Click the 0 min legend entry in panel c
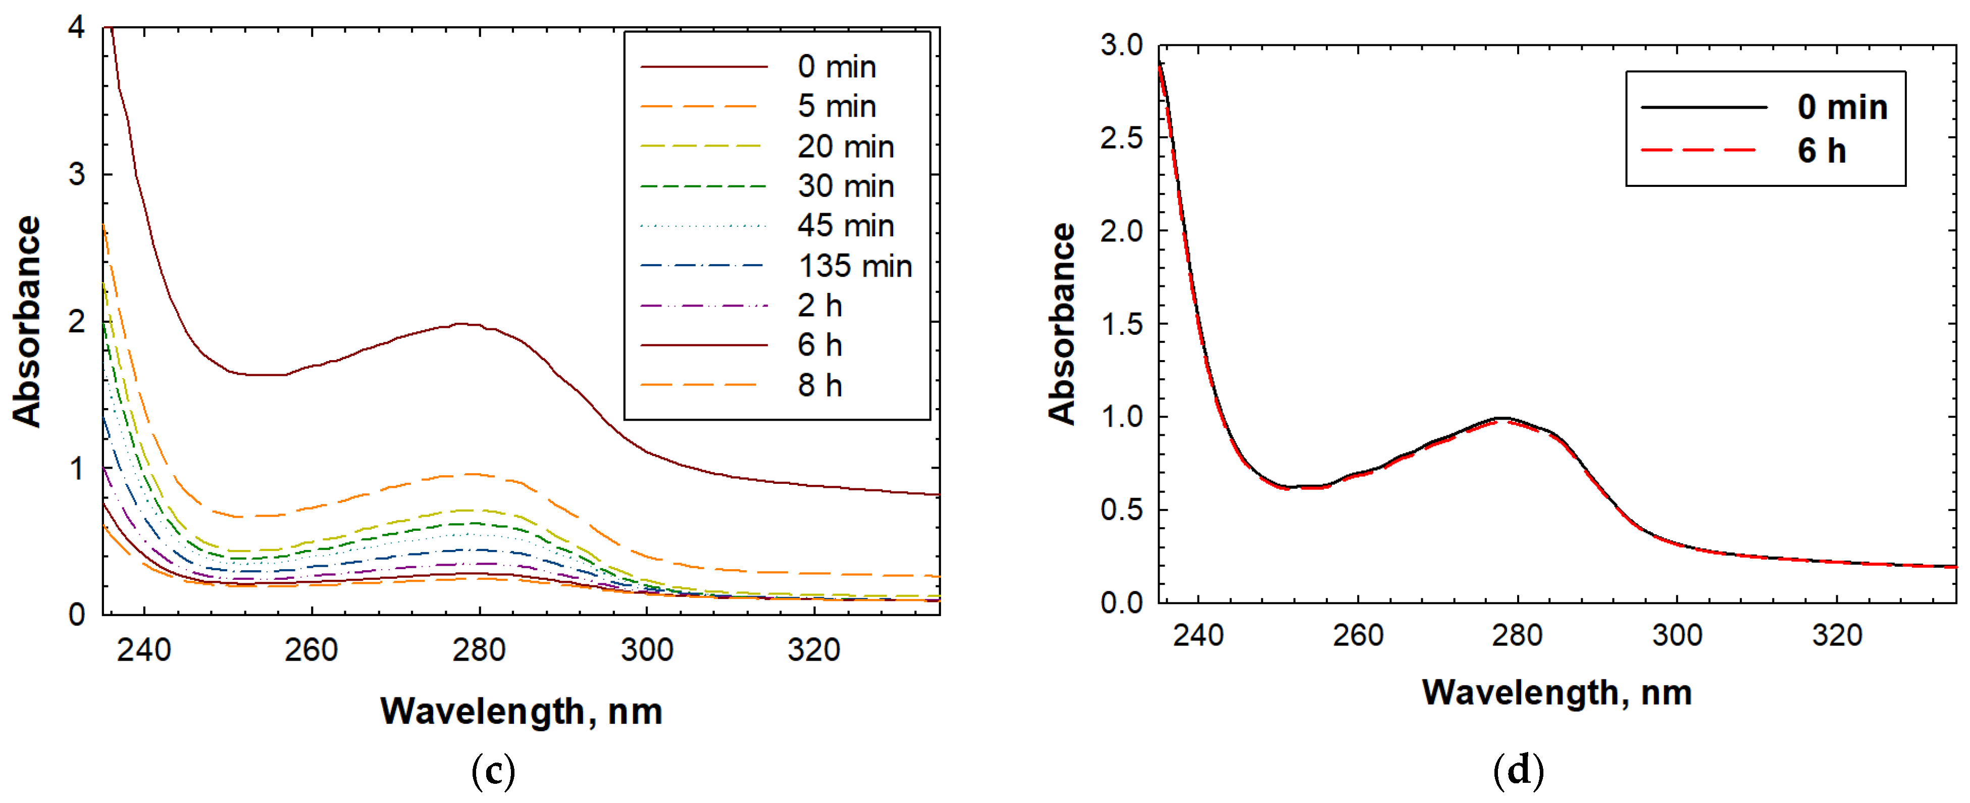coord(836,67)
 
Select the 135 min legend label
coord(854,266)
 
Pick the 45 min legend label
coord(845,226)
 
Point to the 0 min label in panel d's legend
coord(1842,107)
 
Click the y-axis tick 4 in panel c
coord(76,28)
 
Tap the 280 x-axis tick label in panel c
coord(479,650)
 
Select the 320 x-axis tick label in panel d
coord(1836,635)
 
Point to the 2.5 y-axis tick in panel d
coord(1121,138)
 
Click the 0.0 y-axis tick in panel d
coord(1121,603)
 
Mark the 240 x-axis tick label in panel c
coord(144,650)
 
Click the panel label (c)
coord(493,771)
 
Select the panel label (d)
coord(1518,771)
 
